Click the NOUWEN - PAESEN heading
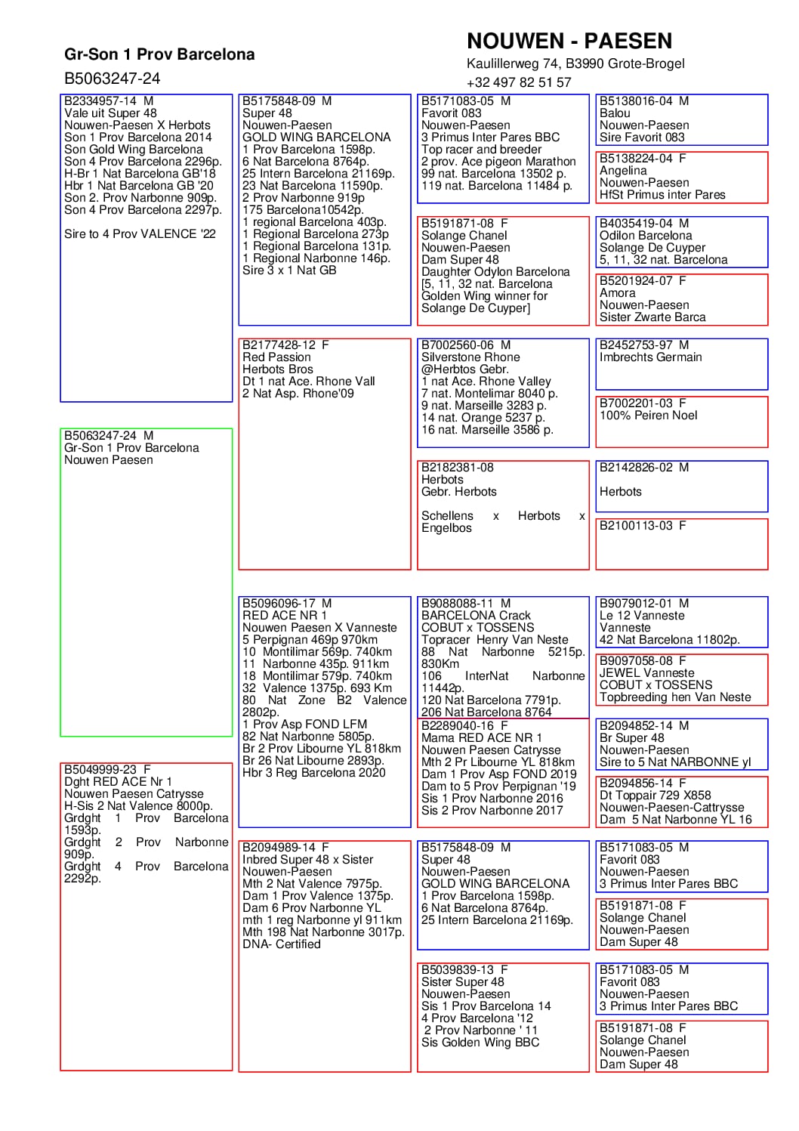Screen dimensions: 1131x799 [569, 41]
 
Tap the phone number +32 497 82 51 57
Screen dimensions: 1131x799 [519, 82]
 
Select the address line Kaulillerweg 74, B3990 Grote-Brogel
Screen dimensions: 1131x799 [575, 63]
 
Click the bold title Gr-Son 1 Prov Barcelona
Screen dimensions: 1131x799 [159, 54]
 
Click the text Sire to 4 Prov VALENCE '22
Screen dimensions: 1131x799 [140, 234]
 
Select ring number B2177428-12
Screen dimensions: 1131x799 [279, 345]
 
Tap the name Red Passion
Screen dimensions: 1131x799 [276, 357]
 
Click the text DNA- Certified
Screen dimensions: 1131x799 [281, 944]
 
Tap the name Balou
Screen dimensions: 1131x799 [615, 113]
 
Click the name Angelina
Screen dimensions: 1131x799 [623, 171]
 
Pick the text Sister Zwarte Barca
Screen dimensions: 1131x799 [652, 317]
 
